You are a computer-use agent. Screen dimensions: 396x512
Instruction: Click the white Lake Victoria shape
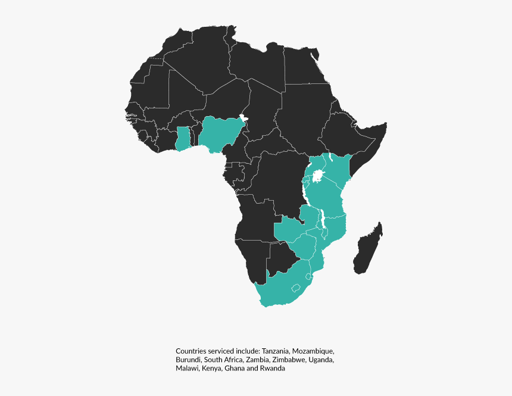click(319, 176)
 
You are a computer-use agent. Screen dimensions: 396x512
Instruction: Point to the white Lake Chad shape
click(242, 118)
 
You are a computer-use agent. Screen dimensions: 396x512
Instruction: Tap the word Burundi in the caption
click(189, 360)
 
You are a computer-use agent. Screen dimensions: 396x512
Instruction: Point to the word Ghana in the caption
click(235, 369)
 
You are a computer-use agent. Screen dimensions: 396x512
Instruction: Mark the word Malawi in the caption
click(188, 369)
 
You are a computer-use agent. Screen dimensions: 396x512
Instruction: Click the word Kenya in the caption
click(212, 369)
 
